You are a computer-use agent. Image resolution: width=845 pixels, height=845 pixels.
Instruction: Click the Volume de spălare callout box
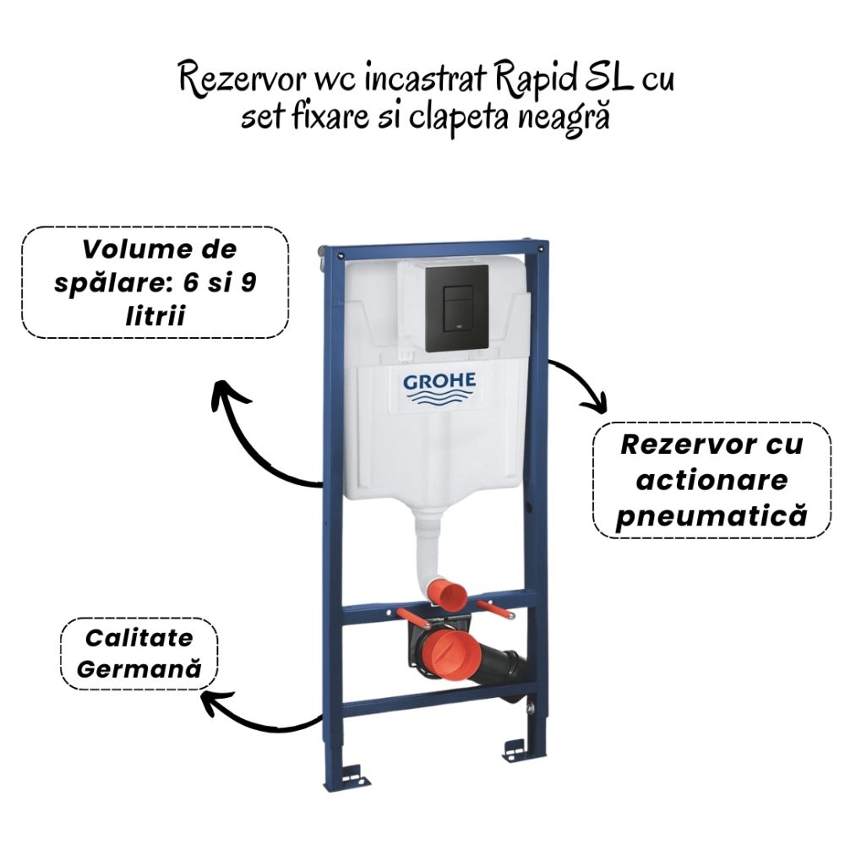point(155,282)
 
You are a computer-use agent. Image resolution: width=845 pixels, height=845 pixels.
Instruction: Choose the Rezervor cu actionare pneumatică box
point(711,480)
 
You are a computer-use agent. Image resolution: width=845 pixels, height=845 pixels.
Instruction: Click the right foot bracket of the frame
point(515,747)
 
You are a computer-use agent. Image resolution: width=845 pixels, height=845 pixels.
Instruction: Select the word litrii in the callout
point(154,313)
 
